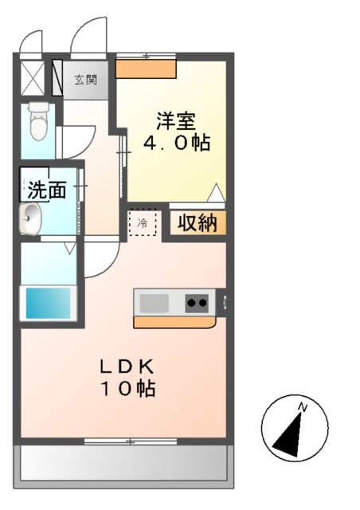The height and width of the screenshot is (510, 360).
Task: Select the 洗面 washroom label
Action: pyautogui.click(x=46, y=190)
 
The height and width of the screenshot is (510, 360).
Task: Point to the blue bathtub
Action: pyautogui.click(x=49, y=303)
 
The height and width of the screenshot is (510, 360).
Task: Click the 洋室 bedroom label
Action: pyautogui.click(x=176, y=123)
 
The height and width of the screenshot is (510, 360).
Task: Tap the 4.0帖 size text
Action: pyautogui.click(x=176, y=144)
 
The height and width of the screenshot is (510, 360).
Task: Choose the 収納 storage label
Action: pyautogui.click(x=197, y=223)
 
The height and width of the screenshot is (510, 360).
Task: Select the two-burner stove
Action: pyautogui.click(x=198, y=302)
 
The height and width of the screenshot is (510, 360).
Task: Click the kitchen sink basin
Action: pyautogui.click(x=155, y=303)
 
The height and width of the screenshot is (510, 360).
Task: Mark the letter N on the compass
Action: pyautogui.click(x=303, y=408)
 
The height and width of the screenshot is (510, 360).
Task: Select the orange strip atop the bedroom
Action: pyautogui.click(x=146, y=69)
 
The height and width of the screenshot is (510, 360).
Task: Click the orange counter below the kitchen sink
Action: pyautogui.click(x=175, y=322)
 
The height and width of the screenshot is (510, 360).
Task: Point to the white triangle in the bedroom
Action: pyautogui.click(x=215, y=192)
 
